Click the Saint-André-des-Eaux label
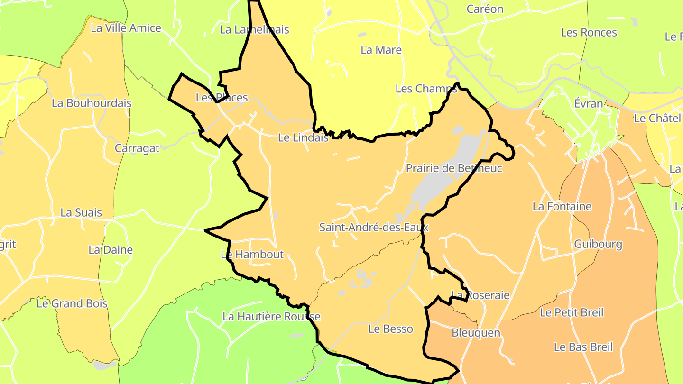(374, 228)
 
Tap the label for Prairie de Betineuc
(454, 168)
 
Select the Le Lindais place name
(303, 138)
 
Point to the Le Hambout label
(252, 255)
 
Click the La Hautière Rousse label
(271, 317)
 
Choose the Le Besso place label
(390, 329)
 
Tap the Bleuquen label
(476, 333)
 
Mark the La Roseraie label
(480, 295)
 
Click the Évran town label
(589, 104)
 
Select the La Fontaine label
(562, 207)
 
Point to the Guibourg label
(598, 245)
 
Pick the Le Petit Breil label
(572, 313)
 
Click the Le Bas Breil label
(583, 347)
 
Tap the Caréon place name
(485, 9)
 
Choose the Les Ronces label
(589, 33)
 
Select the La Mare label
(381, 50)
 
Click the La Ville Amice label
(126, 28)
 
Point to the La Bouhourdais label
(92, 103)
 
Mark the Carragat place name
(137, 149)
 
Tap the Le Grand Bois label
(72, 303)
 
